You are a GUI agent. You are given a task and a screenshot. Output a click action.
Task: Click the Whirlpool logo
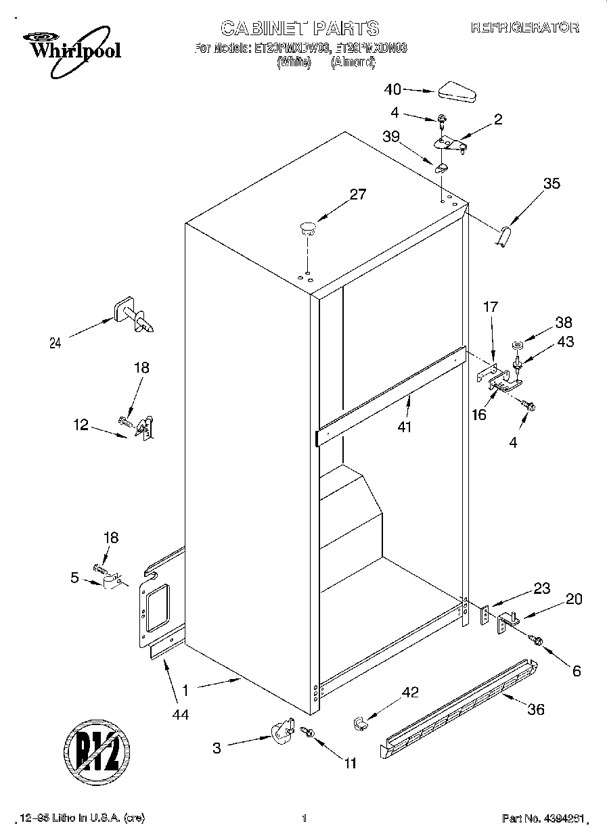pos(66,45)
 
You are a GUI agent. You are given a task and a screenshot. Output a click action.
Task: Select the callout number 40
pos(392,89)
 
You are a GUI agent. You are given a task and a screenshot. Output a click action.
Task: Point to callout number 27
pos(357,195)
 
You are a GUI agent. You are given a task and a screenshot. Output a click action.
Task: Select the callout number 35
pos(552,183)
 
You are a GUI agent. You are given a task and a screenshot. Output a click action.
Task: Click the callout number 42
pos(410,692)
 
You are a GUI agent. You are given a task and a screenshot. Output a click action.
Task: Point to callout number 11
pos(350,764)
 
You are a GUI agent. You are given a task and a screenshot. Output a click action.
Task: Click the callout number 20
pos(574,599)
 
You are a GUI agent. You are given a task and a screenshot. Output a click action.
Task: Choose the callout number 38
pos(564,322)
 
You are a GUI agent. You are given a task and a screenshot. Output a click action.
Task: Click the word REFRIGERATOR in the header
pos(524,28)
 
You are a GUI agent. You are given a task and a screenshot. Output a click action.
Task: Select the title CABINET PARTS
pos(300,28)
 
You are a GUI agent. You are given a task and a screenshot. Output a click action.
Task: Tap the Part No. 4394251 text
pos(541,818)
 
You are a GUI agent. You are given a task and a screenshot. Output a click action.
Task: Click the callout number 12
pos(81,425)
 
